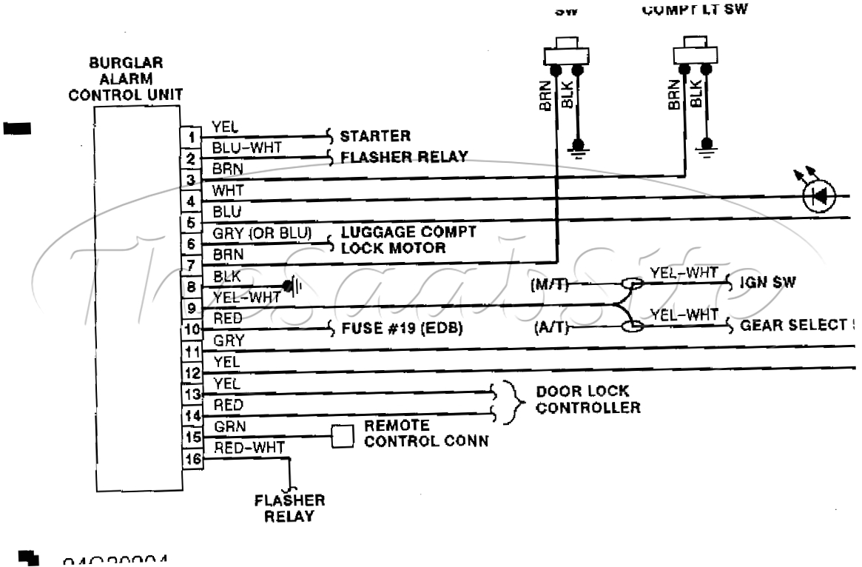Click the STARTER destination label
coord(374,137)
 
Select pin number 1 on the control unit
coord(190,138)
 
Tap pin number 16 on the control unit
coord(190,459)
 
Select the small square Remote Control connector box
coord(343,437)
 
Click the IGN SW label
coord(763,283)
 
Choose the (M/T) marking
coord(550,283)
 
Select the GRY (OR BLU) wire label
coord(262,233)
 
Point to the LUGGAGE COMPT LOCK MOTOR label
coord(407,240)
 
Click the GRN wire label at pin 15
coord(226,426)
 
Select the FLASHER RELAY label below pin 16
coord(289,508)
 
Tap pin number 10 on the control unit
coord(190,330)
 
